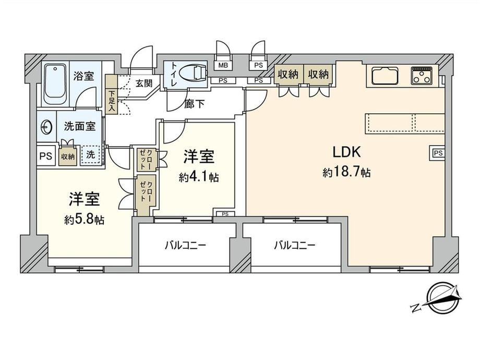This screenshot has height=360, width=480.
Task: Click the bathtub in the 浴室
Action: (x=55, y=84)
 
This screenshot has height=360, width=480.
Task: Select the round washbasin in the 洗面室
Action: (x=47, y=127)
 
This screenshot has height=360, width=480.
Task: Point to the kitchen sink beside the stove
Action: (x=385, y=75)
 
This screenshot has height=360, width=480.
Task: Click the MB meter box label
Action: (x=223, y=65)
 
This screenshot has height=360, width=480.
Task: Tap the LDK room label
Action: (x=346, y=152)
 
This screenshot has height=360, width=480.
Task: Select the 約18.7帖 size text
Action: (x=346, y=172)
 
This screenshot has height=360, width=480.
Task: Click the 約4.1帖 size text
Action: (x=199, y=177)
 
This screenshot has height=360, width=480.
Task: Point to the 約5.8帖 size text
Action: (x=84, y=219)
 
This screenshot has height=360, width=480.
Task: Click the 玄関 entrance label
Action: (x=143, y=83)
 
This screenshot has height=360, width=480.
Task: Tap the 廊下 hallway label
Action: (x=195, y=104)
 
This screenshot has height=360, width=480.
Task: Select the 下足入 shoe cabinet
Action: (x=111, y=94)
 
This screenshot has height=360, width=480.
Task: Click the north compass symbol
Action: (x=441, y=296)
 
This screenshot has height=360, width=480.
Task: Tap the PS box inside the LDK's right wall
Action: (x=438, y=152)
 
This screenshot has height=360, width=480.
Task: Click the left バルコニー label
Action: (x=185, y=245)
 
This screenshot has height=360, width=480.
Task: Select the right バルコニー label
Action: (x=294, y=245)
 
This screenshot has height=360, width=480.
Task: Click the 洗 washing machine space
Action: (x=91, y=155)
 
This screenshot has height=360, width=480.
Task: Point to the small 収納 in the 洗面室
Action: (x=68, y=157)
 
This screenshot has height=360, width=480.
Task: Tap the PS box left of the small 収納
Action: (x=46, y=157)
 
